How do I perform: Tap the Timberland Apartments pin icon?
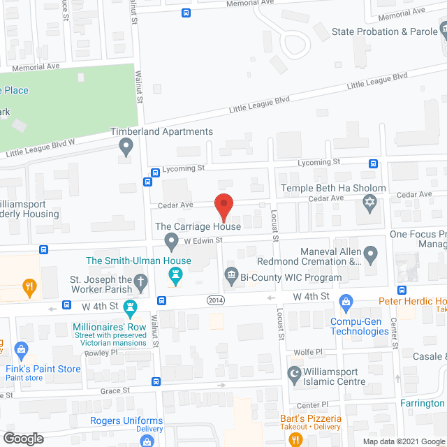pyautogui.click(x=126, y=147)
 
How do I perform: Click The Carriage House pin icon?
pyautogui.click(x=171, y=242)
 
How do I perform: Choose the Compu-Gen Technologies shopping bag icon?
pyautogui.click(x=345, y=302)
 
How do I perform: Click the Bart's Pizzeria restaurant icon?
pyautogui.click(x=294, y=439)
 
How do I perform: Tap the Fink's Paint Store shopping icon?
pyautogui.click(x=22, y=349)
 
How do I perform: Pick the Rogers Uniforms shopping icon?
pyautogui.click(x=147, y=440)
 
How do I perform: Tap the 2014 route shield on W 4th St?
pyautogui.click(x=216, y=300)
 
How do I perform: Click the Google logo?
pyautogui.click(x=23, y=438)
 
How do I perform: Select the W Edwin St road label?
pyautogui.click(x=203, y=240)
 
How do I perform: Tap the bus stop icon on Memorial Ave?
pyautogui.click(x=185, y=13)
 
